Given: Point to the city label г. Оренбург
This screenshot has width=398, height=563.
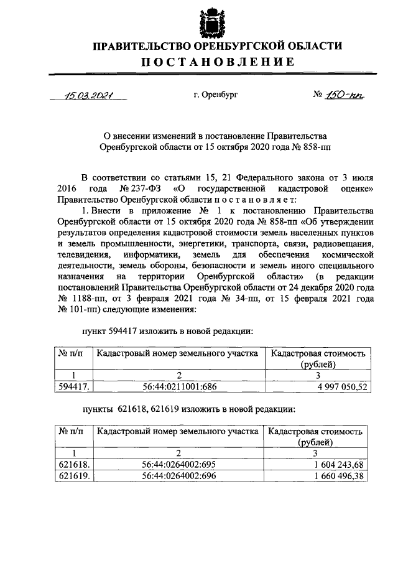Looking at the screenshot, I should tap(215, 95).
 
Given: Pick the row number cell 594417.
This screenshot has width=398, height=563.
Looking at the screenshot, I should tap(73, 386).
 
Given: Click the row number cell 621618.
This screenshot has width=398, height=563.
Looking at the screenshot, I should tap(73, 464).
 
